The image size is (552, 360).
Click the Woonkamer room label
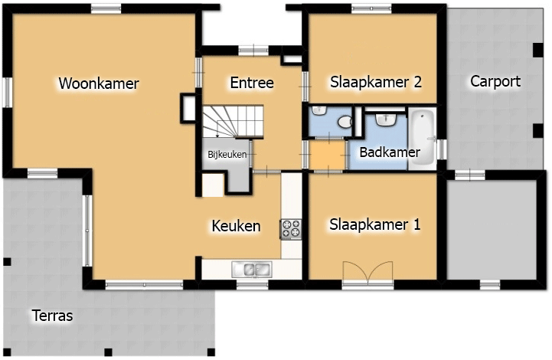point(99,83)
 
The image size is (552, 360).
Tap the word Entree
point(252,83)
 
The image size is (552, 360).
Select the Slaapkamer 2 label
point(376,82)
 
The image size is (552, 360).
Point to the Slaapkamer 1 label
point(375,224)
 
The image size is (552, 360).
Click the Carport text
point(495,81)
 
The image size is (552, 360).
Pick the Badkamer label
point(390,152)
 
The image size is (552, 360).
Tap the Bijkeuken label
point(227,154)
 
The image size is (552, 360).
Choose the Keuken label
point(236,226)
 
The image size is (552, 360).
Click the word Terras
point(53,316)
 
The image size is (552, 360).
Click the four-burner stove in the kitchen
point(291,229)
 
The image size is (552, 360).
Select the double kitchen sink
point(251,270)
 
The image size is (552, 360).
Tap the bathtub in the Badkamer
point(422,139)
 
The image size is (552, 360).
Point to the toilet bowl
point(345,122)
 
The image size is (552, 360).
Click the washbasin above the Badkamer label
point(386,119)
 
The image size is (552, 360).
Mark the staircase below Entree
point(233,122)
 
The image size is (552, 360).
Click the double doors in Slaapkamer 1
point(368,272)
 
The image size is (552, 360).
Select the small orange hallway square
point(327,155)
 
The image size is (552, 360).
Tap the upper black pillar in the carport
point(537,50)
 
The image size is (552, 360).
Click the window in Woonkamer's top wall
point(106,8)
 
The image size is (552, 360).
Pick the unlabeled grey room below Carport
point(492,231)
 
